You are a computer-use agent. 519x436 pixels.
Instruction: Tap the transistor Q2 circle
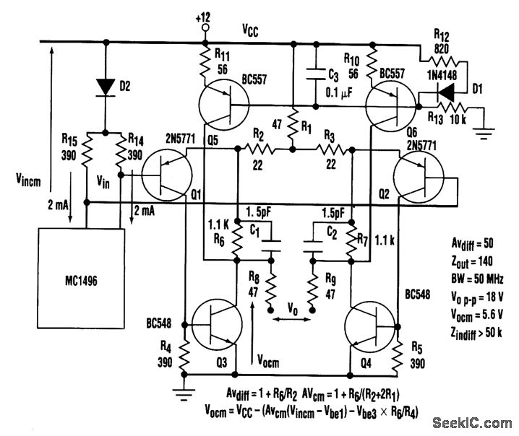pos(421,178)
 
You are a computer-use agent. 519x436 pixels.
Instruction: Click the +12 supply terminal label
pos(205,16)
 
